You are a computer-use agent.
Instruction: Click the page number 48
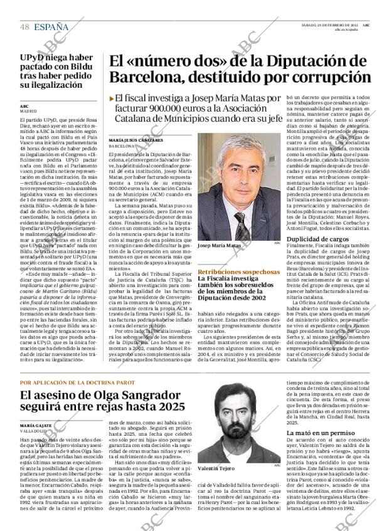click(x=25, y=26)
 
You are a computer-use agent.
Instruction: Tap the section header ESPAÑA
click(x=52, y=26)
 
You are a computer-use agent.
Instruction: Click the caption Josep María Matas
click(x=218, y=246)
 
